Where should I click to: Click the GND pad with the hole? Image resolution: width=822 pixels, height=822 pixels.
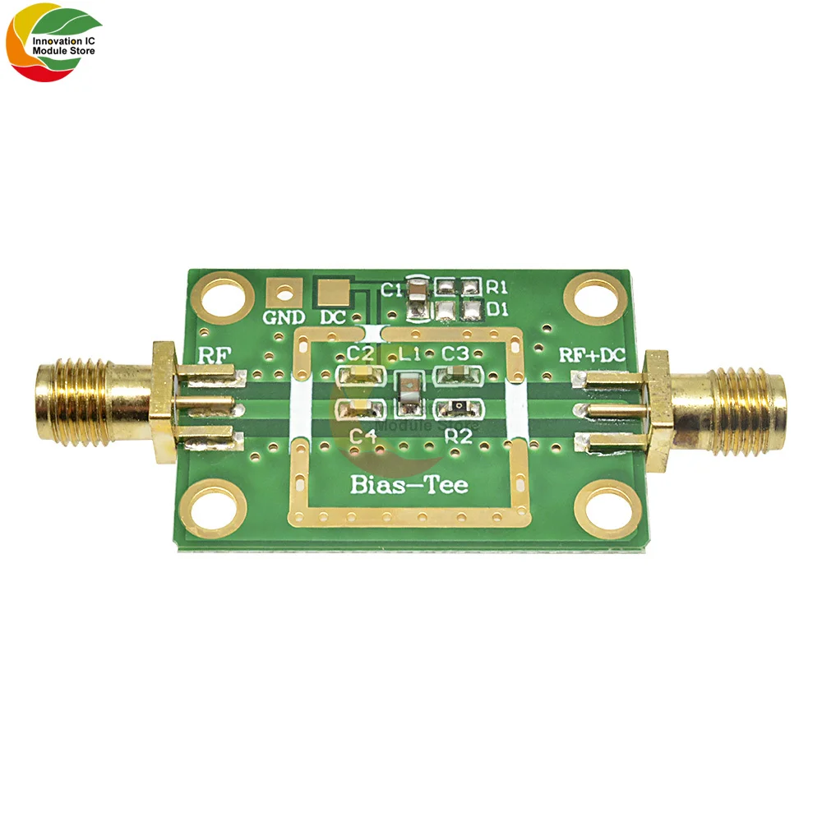tap(284, 289)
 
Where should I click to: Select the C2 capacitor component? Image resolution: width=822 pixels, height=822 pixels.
tap(358, 376)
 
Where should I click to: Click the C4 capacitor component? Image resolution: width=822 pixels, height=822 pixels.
tap(358, 409)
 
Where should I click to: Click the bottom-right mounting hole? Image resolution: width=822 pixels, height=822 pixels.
tap(603, 510)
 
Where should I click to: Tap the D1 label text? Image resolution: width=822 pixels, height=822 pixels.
tap(496, 308)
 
